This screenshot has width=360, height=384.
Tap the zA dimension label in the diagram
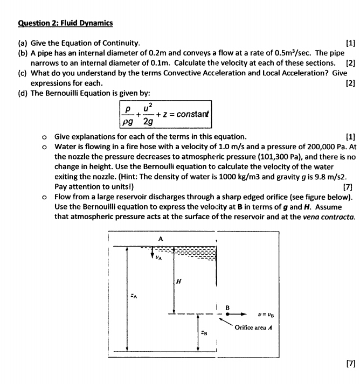(x=133, y=295)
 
